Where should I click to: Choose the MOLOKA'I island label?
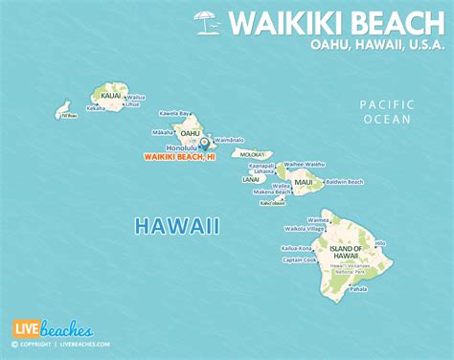pos(252,153)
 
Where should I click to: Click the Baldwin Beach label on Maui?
pos(345,182)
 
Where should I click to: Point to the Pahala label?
pos(358,288)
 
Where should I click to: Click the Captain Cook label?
pos(299,259)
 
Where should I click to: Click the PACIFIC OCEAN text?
pos(385,111)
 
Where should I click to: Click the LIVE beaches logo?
pos(46,328)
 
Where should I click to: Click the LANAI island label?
pos(252,178)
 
